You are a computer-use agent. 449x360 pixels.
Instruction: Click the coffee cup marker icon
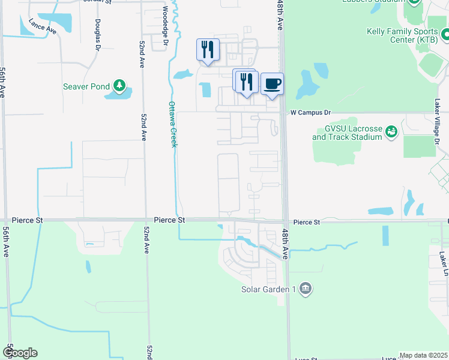point(272,83)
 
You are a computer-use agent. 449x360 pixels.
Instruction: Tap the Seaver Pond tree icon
point(119,86)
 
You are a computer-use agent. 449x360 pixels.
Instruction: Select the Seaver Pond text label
point(86,86)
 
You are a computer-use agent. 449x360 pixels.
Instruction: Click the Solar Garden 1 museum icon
point(306,289)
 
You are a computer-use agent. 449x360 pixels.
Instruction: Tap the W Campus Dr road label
point(310,112)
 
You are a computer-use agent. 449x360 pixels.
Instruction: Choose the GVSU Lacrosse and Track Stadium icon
point(392,131)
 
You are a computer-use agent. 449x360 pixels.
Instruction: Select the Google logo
point(20,353)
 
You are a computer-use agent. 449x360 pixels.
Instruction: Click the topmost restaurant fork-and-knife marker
point(208,49)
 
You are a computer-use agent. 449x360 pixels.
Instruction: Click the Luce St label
point(306,359)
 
